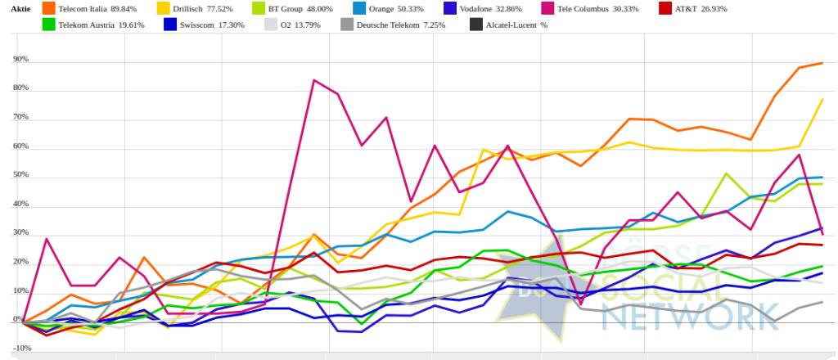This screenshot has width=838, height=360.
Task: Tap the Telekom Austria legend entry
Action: pyautogui.click(x=92, y=25)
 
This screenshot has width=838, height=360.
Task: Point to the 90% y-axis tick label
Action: pyautogui.click(x=20, y=60)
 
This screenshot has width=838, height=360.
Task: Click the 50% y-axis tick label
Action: pyautogui.click(x=20, y=176)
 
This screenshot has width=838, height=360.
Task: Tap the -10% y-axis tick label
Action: pyautogui.click(x=20, y=349)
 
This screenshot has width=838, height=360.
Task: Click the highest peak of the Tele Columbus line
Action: pyautogui.click(x=313, y=80)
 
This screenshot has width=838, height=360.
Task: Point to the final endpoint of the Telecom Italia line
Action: pyautogui.click(x=822, y=63)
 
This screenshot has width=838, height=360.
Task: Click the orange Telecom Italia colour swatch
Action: pyautogui.click(x=49, y=8)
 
